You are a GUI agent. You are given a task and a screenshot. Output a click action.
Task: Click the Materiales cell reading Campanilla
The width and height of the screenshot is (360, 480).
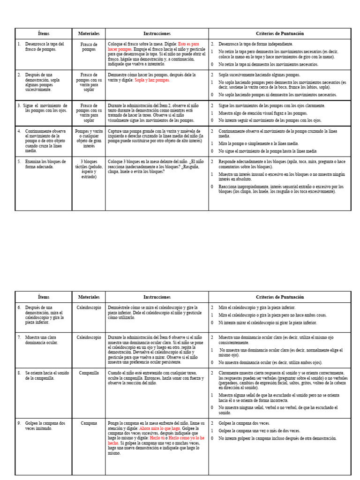point(89,373)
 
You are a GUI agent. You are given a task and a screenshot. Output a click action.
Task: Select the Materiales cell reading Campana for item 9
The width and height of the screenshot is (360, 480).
point(89,423)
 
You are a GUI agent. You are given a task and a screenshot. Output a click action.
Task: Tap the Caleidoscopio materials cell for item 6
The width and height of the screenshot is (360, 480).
point(89,307)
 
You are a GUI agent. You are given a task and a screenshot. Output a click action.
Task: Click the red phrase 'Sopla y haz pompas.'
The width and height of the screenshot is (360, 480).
point(152,80)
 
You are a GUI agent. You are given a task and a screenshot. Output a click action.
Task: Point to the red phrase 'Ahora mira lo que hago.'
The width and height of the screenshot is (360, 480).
point(159,428)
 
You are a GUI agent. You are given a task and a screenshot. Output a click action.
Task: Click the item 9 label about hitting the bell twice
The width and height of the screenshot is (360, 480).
point(45,426)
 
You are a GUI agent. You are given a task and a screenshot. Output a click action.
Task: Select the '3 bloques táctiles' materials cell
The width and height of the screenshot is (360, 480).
point(89,169)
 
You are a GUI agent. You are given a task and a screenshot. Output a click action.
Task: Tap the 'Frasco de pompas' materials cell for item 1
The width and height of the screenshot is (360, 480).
point(89,47)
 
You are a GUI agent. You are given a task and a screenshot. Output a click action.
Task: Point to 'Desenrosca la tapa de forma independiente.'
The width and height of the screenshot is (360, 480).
point(255,44)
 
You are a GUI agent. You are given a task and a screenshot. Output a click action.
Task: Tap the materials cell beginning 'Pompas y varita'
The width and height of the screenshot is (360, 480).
point(89,139)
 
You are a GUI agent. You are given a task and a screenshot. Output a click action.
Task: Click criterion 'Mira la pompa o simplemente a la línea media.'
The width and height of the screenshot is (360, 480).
point(258,144)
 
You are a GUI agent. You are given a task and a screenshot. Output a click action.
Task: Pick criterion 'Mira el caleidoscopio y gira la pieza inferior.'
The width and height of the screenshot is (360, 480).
point(257,307)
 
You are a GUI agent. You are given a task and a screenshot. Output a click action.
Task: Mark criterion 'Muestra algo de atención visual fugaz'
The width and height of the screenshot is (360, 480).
point(263,113)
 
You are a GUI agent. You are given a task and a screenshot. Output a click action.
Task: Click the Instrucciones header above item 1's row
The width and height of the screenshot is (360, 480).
point(157,34)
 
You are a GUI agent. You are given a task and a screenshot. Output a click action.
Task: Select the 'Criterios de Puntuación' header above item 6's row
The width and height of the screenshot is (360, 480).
point(280,297)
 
